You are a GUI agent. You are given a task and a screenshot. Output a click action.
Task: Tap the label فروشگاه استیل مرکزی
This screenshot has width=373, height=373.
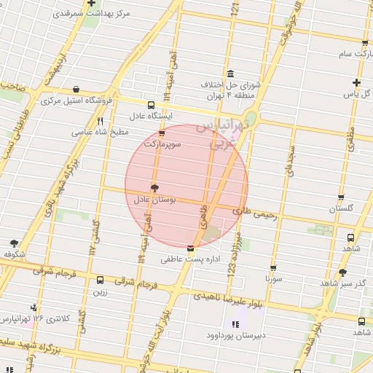coord(71,100)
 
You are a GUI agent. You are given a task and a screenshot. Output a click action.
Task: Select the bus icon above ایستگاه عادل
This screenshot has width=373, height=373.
coord(150,105)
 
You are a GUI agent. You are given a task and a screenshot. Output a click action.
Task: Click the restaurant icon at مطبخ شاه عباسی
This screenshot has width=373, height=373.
coord(101,122)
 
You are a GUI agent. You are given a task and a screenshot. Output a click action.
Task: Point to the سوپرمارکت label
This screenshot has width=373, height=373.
coord(161,144)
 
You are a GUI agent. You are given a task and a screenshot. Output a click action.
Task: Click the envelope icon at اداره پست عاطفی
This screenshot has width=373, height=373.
coord(190,249)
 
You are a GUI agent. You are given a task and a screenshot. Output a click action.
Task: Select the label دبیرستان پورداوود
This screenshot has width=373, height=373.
coord(235,336)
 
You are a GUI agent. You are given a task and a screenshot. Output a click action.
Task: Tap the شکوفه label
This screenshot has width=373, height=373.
coord(14,254)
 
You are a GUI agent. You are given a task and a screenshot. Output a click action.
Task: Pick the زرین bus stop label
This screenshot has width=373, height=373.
coord(100,291)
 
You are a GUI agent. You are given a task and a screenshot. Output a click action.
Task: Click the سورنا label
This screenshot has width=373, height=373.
coord(273,278)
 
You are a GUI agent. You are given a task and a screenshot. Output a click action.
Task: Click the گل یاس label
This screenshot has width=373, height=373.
coord(357,94)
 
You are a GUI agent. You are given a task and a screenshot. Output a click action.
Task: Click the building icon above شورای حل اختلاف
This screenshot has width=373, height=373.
coord(230,74)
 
